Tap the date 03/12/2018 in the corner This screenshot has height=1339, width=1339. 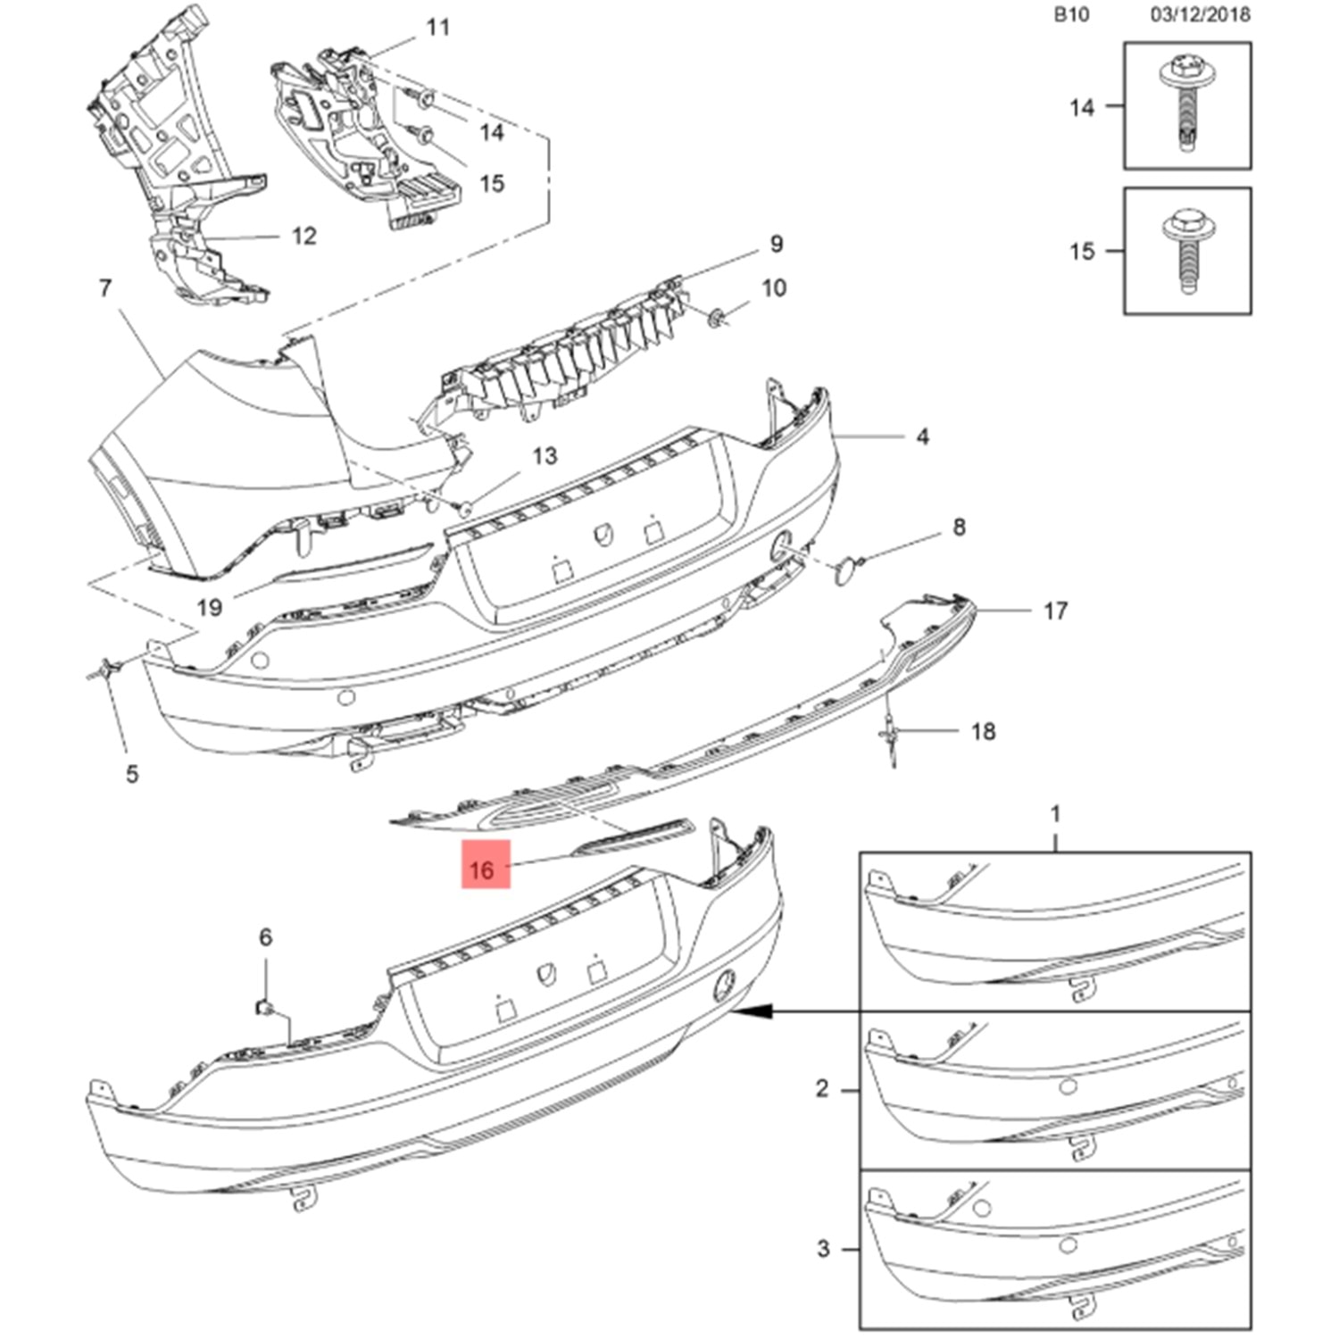pyautogui.click(x=1199, y=14)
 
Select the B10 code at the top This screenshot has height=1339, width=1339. pyautogui.click(x=1070, y=14)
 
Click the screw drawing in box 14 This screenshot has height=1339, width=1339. pyautogui.click(x=1185, y=105)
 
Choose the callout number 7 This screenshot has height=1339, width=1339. pyautogui.click(x=105, y=288)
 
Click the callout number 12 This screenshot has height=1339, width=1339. pyautogui.click(x=304, y=236)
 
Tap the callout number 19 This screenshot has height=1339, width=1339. pyautogui.click(x=209, y=608)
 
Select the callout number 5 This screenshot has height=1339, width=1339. pyautogui.click(x=132, y=773)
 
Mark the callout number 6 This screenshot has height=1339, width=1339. pyautogui.click(x=265, y=936)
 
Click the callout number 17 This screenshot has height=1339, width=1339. pyautogui.click(x=1055, y=611)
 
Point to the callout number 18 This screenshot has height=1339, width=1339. pyautogui.click(x=983, y=731)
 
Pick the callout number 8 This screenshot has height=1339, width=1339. pyautogui.click(x=959, y=527)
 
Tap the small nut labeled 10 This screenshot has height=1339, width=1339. pyautogui.click(x=716, y=317)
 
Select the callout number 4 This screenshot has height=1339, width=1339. pyautogui.click(x=922, y=437)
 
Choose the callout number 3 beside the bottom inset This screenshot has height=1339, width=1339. pyautogui.click(x=823, y=1248)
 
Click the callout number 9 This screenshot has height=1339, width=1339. pyautogui.click(x=776, y=244)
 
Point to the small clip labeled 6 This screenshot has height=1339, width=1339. pyautogui.click(x=264, y=1007)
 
